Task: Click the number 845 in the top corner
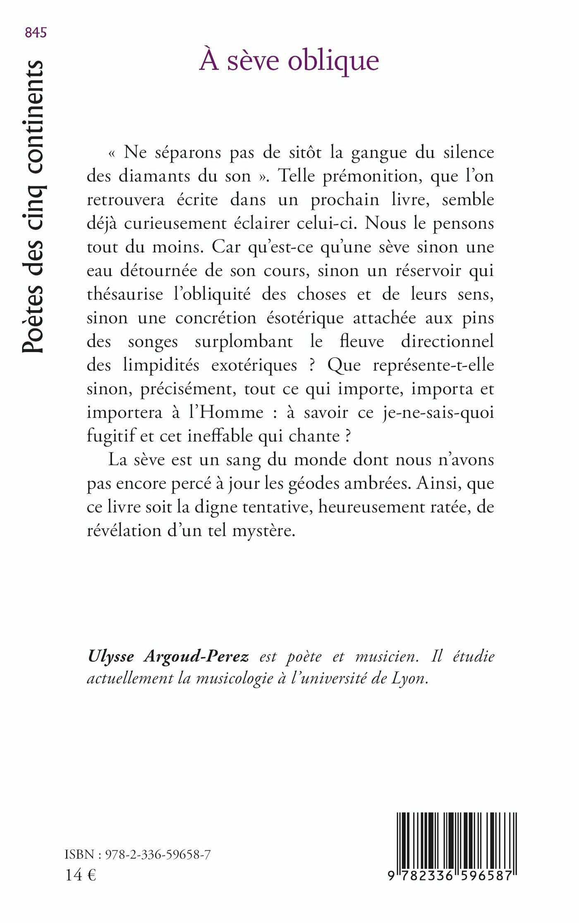pyautogui.click(x=36, y=33)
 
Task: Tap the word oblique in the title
pyautogui.click(x=333, y=61)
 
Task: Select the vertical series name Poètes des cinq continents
pyautogui.click(x=33, y=207)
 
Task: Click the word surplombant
pyautogui.click(x=244, y=342)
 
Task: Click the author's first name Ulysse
pyautogui.click(x=111, y=657)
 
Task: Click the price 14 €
pyautogui.click(x=81, y=875)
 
